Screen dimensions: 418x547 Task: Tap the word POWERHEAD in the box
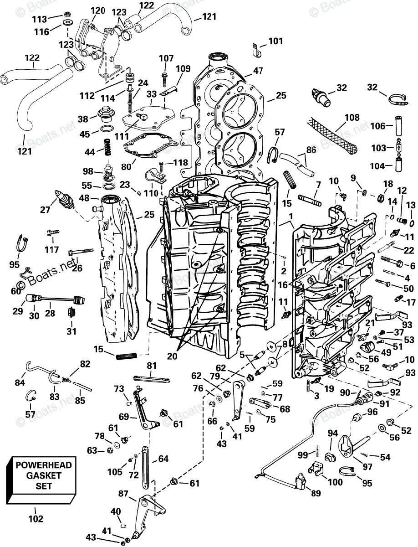click(44, 465)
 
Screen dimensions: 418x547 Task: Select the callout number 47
click(258, 71)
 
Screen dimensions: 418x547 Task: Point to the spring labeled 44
click(107, 147)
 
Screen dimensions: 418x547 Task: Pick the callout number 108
click(352, 117)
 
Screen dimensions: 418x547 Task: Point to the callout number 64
click(163, 459)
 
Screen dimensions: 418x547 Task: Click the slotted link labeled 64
click(145, 468)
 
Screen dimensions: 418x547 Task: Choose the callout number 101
click(275, 41)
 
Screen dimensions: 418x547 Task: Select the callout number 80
click(126, 166)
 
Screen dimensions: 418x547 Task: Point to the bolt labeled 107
click(164, 79)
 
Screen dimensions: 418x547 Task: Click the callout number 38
click(83, 119)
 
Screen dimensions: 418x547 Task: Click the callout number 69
click(124, 417)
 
